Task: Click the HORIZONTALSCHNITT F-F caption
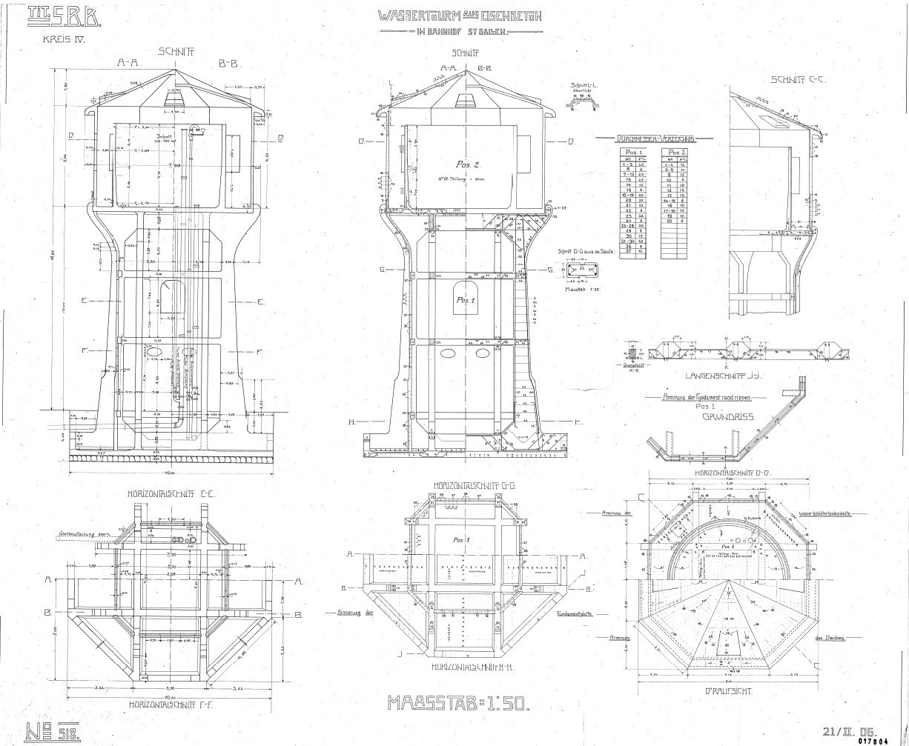(172, 705)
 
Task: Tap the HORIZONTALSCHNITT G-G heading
(464, 486)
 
